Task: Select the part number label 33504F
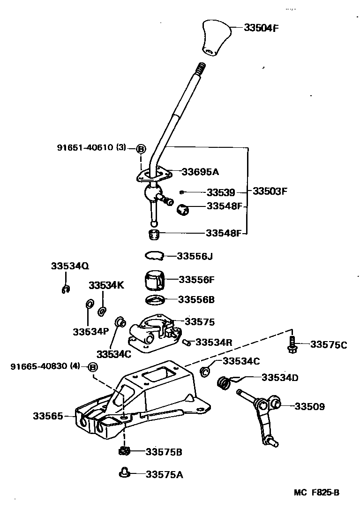click(x=261, y=27)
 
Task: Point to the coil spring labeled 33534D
click(x=225, y=383)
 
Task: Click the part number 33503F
click(x=270, y=191)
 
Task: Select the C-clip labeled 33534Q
click(x=66, y=289)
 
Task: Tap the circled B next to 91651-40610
click(x=141, y=149)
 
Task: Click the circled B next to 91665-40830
click(x=92, y=366)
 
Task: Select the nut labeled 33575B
click(x=124, y=452)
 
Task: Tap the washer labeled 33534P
click(x=89, y=305)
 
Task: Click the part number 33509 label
click(x=309, y=406)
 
